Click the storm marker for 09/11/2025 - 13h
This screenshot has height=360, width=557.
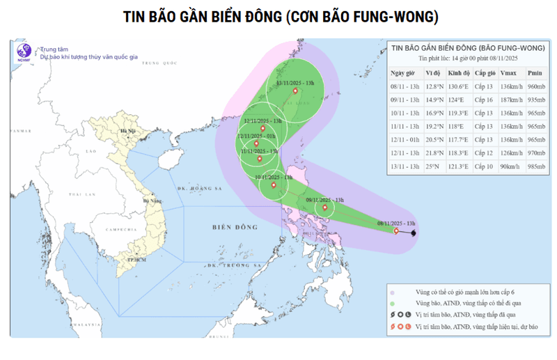click(324, 208)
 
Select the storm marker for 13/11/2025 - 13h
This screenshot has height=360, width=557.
click(295, 91)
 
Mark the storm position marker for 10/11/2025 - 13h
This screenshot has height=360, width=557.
click(274, 185)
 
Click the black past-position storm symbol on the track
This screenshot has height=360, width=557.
click(414, 232)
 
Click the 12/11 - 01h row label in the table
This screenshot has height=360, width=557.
click(405, 139)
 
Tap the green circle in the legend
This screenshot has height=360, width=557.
click(394, 303)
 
